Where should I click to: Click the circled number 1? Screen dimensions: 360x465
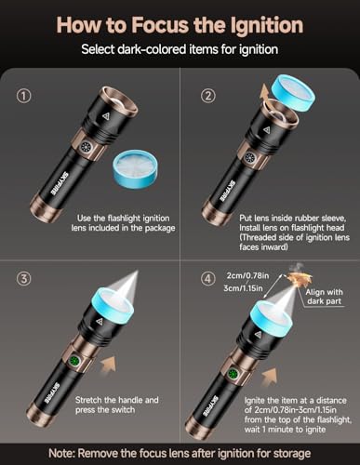23,96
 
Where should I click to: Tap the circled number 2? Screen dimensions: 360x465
208,96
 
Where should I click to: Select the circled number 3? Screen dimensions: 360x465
23,279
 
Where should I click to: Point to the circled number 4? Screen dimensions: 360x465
208,279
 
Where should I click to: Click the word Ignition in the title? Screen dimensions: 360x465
267,26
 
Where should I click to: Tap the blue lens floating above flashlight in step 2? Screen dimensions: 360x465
293,94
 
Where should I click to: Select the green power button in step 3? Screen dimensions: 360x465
74,361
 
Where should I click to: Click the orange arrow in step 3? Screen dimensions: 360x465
109,364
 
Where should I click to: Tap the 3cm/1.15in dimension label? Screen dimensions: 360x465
243,288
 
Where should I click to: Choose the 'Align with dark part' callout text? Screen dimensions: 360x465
325,297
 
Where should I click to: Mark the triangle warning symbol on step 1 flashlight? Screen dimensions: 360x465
106,116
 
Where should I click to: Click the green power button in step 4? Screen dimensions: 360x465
232,374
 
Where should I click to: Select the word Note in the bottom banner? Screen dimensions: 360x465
60,454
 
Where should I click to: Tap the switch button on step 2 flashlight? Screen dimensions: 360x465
250,158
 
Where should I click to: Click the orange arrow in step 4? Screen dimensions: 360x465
270,377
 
